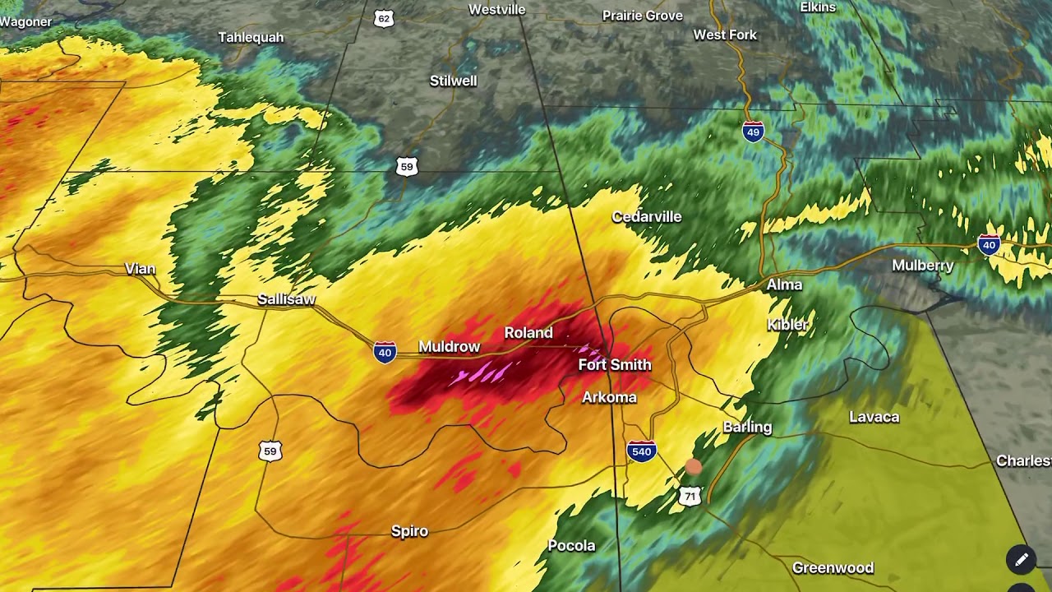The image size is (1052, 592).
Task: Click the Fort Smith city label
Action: pos(615,365)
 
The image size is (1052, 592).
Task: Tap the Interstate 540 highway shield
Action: pos(641,451)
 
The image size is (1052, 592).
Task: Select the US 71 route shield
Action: pos(690,496)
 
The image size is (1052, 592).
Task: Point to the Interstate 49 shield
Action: pos(753,132)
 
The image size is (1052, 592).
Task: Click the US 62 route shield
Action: pos(384,19)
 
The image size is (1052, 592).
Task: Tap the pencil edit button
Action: pos(1021,560)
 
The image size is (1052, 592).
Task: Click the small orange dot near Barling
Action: pos(693,467)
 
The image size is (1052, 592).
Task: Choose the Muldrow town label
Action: pos(449,347)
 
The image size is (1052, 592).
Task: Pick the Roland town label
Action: pos(528,333)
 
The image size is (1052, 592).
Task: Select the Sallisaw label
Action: pos(286,299)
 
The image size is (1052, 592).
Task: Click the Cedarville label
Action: pos(647,217)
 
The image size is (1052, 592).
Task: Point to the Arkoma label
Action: pos(609,398)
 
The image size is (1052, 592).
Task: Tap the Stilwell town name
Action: pos(453,81)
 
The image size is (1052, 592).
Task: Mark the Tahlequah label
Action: pos(251,38)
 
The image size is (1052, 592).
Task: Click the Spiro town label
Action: pos(409,531)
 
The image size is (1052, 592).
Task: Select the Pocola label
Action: pos(571,546)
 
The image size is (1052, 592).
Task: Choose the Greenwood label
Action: pos(833,568)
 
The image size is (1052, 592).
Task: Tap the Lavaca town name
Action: pos(874,418)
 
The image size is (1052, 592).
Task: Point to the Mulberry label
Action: pos(923,266)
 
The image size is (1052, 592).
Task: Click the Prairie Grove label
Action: pos(643,16)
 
